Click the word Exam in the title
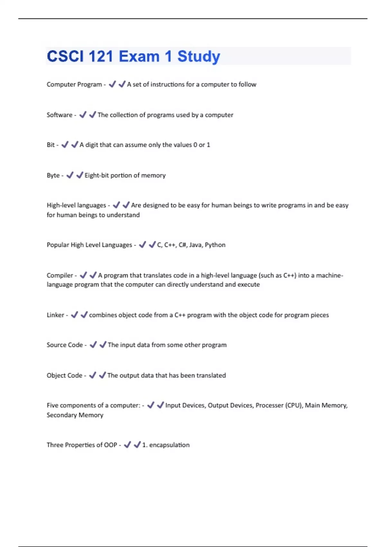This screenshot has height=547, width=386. pos(139,57)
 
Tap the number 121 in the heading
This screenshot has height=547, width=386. pos(101,57)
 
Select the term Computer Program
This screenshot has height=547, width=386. pos(74,85)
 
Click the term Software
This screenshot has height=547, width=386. pos(60,115)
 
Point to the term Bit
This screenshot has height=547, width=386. pos(51,145)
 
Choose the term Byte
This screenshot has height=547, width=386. pos(53,175)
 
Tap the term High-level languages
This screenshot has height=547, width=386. pos(76,205)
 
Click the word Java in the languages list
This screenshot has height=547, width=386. pos(195,245)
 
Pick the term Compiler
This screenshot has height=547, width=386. pos(60,275)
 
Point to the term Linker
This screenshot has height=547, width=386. pos(55,315)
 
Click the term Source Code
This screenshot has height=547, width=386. pos(65,345)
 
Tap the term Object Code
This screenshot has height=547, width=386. pos(64,375)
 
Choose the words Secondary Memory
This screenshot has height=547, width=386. pos(75,415)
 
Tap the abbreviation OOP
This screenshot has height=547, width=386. pos(110,445)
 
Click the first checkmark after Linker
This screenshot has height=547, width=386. pos(74,315)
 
